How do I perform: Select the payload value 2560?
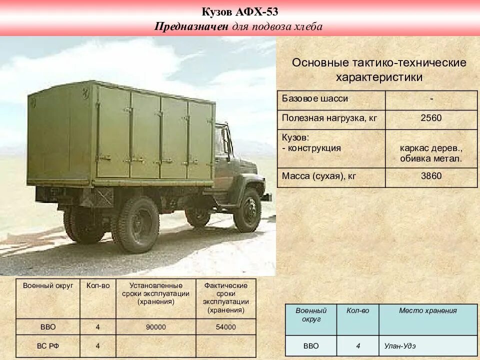(431, 118)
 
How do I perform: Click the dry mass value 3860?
(431, 176)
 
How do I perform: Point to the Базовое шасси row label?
(315, 98)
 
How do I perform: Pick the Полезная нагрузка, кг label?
(329, 118)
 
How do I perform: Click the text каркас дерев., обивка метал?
(431, 153)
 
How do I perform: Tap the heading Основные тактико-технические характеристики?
(379, 70)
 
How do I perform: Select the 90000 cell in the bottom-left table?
(155, 327)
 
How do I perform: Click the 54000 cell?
(225, 327)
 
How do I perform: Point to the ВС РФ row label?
(48, 345)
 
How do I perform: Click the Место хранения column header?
(427, 310)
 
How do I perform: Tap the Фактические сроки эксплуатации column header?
(225, 297)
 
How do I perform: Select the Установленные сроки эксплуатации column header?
(155, 293)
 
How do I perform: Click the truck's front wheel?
(248, 209)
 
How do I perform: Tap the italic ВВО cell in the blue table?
(310, 345)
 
